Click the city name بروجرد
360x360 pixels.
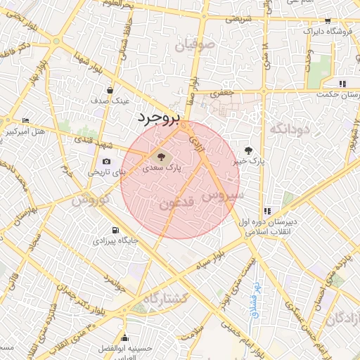point(160,117)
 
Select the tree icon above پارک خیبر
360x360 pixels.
point(249,150)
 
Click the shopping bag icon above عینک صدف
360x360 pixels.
point(110,89)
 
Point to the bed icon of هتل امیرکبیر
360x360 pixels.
point(25,121)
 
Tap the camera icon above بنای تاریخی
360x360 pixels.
point(106,161)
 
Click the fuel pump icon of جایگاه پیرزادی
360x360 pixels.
point(115,230)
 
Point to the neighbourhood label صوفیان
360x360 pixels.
point(193,47)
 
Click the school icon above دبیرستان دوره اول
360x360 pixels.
point(267,210)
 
